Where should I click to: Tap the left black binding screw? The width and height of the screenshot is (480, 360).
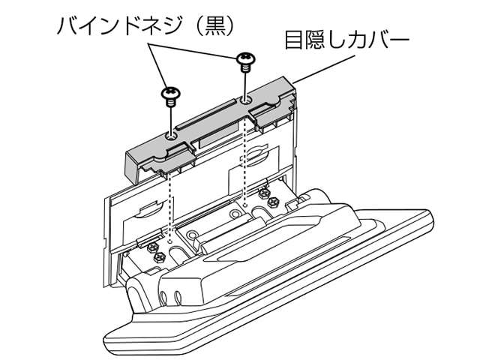pyautogui.click(x=171, y=95)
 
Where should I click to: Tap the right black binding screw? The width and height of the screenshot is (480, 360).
pyautogui.click(x=245, y=59)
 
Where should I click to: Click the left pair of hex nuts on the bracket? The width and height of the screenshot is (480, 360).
pyautogui.click(x=154, y=250)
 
